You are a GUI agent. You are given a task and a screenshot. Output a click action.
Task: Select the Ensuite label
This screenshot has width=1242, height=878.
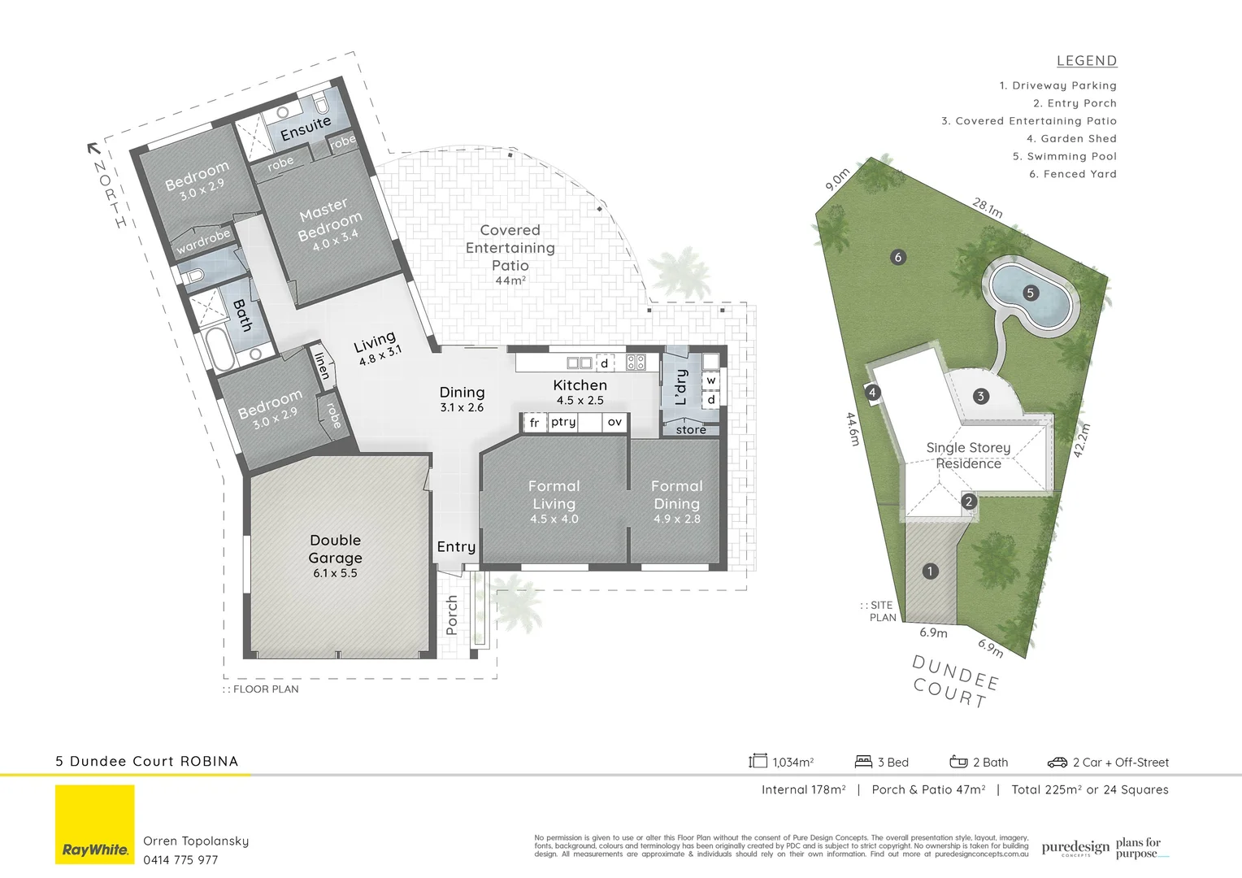pyautogui.click(x=306, y=128)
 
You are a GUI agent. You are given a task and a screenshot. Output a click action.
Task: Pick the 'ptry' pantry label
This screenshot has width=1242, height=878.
pyautogui.click(x=563, y=422)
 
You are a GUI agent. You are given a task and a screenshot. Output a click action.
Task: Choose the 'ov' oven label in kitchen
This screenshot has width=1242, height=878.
pyautogui.click(x=614, y=422)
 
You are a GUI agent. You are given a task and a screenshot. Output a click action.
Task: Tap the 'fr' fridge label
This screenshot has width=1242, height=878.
pyautogui.click(x=534, y=423)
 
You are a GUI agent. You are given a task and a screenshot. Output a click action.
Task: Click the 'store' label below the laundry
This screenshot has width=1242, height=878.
pyautogui.click(x=691, y=430)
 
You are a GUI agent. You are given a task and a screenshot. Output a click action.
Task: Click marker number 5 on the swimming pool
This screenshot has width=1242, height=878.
pyautogui.click(x=1031, y=293)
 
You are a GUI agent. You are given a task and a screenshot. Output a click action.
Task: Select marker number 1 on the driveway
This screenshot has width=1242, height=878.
pyautogui.click(x=931, y=572)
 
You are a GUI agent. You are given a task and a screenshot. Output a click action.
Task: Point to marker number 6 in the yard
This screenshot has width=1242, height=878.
pyautogui.click(x=898, y=258)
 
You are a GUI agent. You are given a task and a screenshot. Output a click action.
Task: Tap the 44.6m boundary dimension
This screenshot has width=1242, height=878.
pyautogui.click(x=853, y=428)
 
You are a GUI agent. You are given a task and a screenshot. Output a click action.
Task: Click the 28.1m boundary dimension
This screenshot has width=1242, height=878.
pyautogui.click(x=988, y=207)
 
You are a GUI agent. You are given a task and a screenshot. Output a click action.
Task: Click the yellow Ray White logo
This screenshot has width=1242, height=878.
pyautogui.click(x=95, y=824)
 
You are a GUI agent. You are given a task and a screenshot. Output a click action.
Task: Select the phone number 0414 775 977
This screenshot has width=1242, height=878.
pyautogui.click(x=180, y=860)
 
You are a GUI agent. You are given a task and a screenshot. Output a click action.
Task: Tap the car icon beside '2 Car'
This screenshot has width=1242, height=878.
pyautogui.click(x=1057, y=763)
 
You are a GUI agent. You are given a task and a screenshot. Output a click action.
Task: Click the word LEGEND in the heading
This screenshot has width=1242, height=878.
pyautogui.click(x=1087, y=61)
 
